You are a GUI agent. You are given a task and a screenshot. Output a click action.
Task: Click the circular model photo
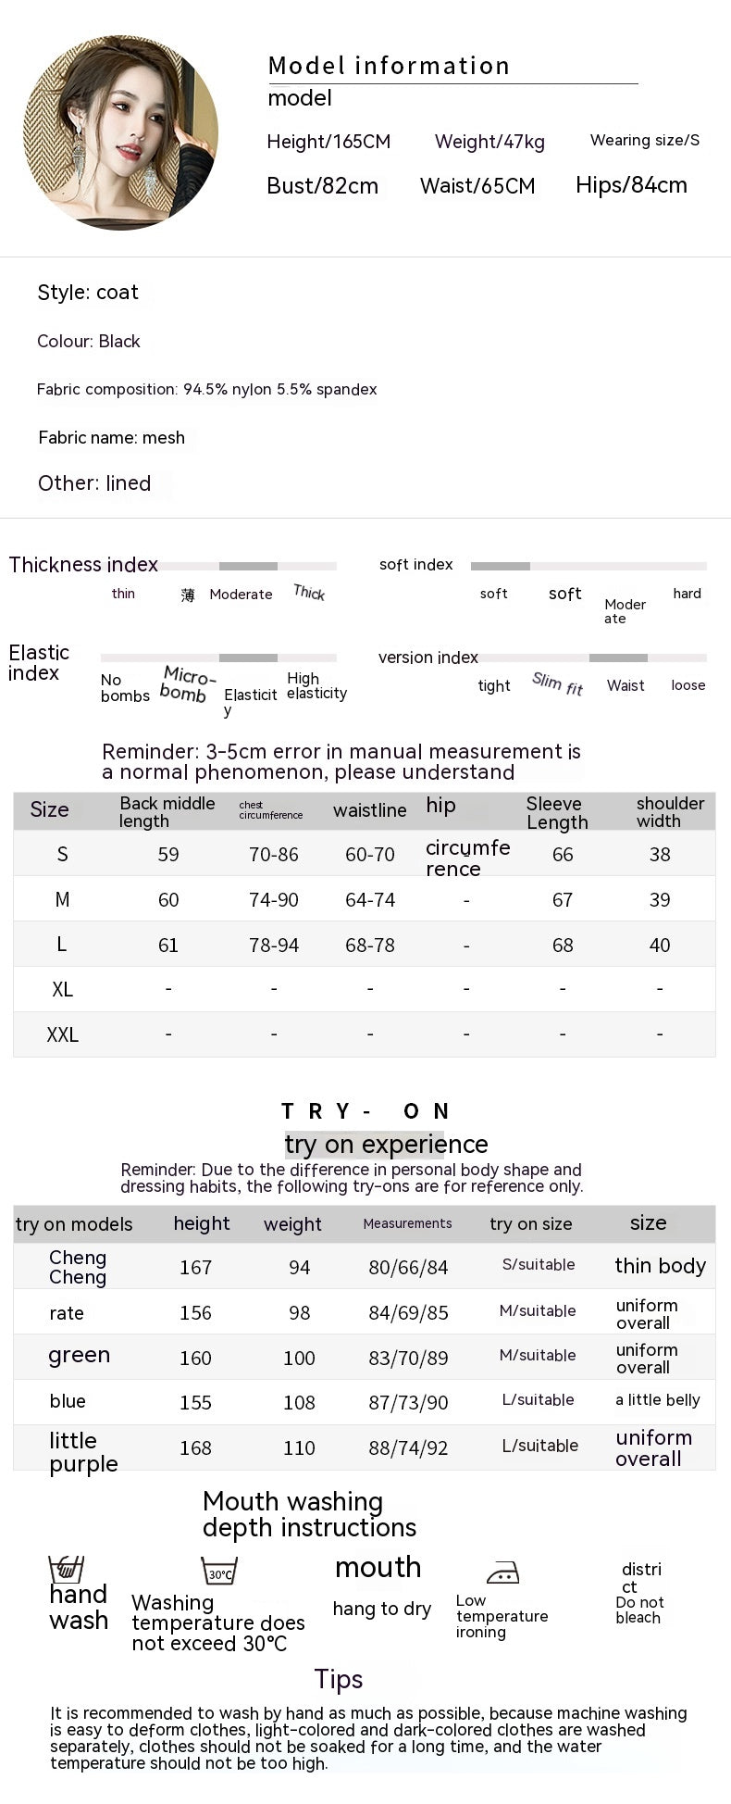click(120, 132)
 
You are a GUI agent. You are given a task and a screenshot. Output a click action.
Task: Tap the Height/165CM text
click(328, 142)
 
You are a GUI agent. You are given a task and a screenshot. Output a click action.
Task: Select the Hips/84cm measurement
click(631, 185)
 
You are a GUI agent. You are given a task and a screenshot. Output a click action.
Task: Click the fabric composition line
click(206, 389)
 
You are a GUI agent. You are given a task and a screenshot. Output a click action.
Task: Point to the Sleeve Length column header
click(556, 812)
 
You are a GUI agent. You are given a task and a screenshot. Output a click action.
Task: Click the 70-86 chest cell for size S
click(273, 854)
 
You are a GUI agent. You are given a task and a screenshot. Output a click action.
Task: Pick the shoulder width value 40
click(659, 945)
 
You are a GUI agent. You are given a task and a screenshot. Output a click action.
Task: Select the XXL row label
click(62, 1034)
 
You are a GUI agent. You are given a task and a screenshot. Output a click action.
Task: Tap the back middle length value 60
click(168, 899)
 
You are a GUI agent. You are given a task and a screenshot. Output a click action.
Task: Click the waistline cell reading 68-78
click(369, 945)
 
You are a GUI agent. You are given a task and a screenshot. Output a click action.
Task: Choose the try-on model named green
click(79, 1355)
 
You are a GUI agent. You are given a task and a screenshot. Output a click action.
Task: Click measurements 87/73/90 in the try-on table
click(408, 1402)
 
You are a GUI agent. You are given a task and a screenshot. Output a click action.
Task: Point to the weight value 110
click(299, 1447)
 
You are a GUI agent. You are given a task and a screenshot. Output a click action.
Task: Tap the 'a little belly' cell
click(657, 1399)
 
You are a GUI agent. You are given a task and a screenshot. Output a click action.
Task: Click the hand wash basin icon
click(66, 1569)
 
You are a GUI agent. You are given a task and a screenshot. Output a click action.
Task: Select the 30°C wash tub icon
click(219, 1571)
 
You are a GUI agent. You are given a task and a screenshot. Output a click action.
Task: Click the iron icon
click(502, 1572)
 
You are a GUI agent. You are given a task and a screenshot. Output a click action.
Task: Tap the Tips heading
click(338, 1679)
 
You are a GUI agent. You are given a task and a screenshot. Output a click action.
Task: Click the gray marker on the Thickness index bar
click(248, 566)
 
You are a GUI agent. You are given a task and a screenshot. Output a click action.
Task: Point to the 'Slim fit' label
click(557, 683)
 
